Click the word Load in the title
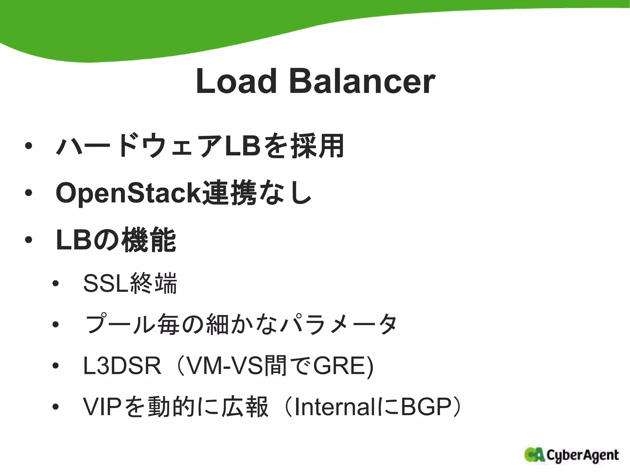coord(236,81)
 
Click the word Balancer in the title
coord(362,81)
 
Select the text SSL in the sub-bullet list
coord(106,283)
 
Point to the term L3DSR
coord(122,366)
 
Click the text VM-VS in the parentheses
coord(224,366)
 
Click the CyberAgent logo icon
coord(535,455)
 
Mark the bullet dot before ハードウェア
coord(29,146)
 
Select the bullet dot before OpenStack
coord(29,193)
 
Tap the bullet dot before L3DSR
coord(55,366)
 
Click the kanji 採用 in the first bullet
coord(317,146)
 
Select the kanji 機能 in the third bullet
coord(149,240)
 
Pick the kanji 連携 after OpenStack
coord(229,193)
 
